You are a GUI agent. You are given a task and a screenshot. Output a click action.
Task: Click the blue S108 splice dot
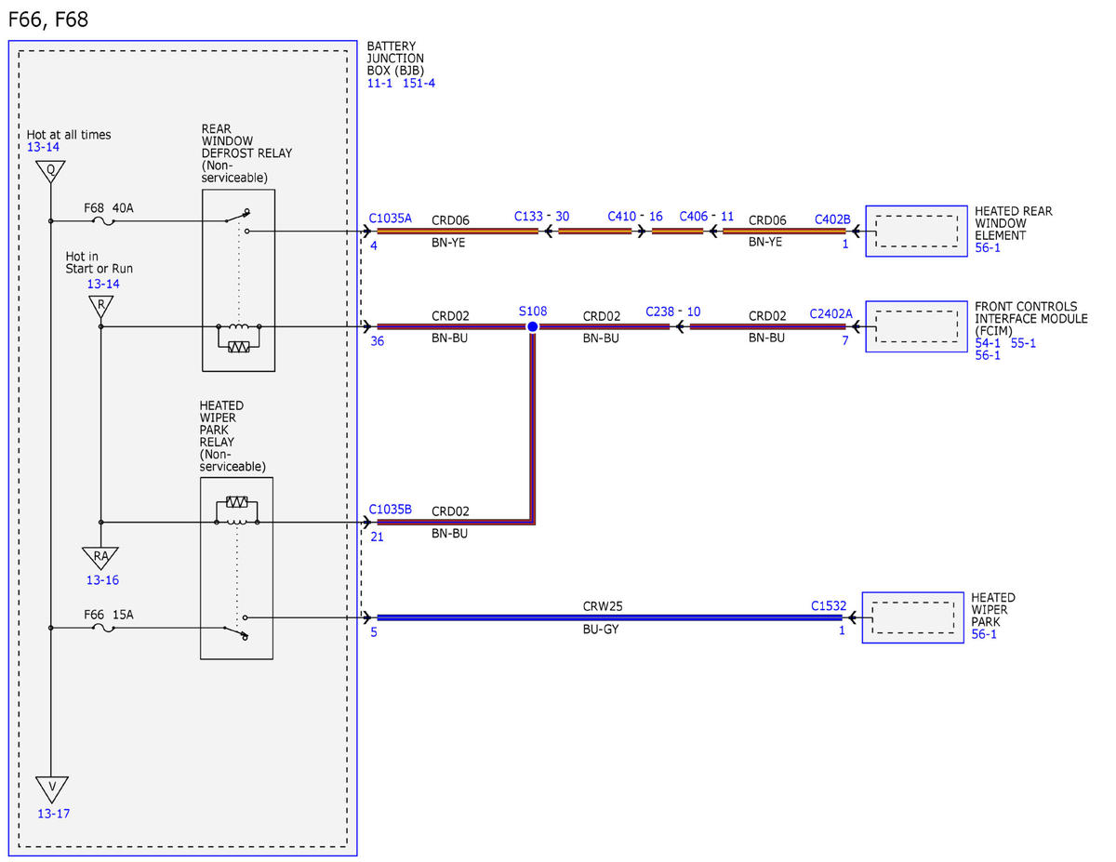pos(533,326)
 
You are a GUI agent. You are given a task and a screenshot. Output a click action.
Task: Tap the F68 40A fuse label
pos(109,208)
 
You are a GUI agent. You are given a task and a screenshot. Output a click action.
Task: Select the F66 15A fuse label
pos(109,615)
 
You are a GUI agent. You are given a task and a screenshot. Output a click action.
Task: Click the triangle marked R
pos(101,306)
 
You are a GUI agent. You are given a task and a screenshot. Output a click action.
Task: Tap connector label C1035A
pos(391,219)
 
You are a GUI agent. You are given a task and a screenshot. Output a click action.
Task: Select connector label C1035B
pos(391,510)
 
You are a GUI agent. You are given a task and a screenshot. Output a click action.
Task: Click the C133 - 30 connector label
pos(542,216)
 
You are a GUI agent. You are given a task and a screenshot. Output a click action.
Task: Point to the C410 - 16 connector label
pos(635,216)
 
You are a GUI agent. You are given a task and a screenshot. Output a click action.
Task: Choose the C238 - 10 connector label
pos(672,312)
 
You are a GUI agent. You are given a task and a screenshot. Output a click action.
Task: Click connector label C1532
pos(829,605)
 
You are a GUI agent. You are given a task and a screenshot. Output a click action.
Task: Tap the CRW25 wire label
pos(603,606)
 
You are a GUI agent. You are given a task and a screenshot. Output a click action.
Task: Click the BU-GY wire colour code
pos(601,629)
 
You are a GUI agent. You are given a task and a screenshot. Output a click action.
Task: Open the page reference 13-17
pos(53,814)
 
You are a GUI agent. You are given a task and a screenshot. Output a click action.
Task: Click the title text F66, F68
pos(48,20)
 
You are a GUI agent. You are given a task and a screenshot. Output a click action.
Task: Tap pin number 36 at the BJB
pos(377,341)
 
